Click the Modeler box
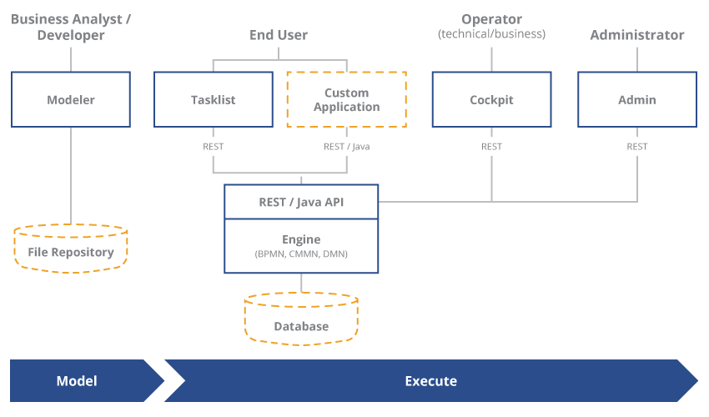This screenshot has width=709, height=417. coord(71,99)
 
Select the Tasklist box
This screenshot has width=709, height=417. coord(214,99)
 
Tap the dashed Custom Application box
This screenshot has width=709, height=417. coord(347,99)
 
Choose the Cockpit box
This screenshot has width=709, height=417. coord(491,99)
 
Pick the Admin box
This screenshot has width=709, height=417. coord(637,99)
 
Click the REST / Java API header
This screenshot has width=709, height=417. coord(301,202)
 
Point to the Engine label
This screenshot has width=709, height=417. coord(301,239)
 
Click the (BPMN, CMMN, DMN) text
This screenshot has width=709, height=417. coord(301,254)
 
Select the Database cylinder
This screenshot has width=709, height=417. coord(301,320)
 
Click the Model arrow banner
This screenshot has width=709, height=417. coord(77,381)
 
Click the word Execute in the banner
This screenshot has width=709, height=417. coord(430,381)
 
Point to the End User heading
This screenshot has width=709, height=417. coord(279,35)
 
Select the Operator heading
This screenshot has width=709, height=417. coord(491,19)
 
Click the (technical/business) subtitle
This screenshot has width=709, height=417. coord(491,34)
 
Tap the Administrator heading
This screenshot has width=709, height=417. coord(637,35)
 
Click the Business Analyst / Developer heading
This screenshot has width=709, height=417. coord(71,27)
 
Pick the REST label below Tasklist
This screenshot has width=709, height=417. coord(214,147)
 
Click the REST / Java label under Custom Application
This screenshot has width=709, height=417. coord(347,147)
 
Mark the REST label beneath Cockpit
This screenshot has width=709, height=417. coord(491,147)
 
